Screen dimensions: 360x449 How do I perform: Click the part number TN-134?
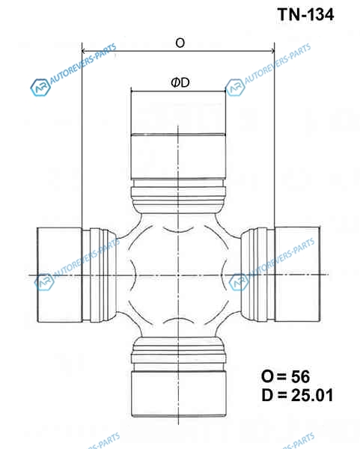[x=305, y=14]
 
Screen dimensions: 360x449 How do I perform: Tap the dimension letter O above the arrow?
[x=180, y=43]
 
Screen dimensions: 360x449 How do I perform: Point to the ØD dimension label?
[x=180, y=82]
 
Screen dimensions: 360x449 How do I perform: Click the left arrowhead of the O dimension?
[x=84, y=51]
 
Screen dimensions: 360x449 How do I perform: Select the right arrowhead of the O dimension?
[x=272, y=51]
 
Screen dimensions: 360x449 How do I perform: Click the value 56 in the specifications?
[x=300, y=376]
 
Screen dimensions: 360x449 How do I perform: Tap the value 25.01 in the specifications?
[x=312, y=395]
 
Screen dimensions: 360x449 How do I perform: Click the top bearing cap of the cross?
[x=178, y=135]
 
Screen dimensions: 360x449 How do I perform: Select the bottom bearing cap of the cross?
[x=179, y=394]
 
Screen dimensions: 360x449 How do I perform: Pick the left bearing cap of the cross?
[x=60, y=275]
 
